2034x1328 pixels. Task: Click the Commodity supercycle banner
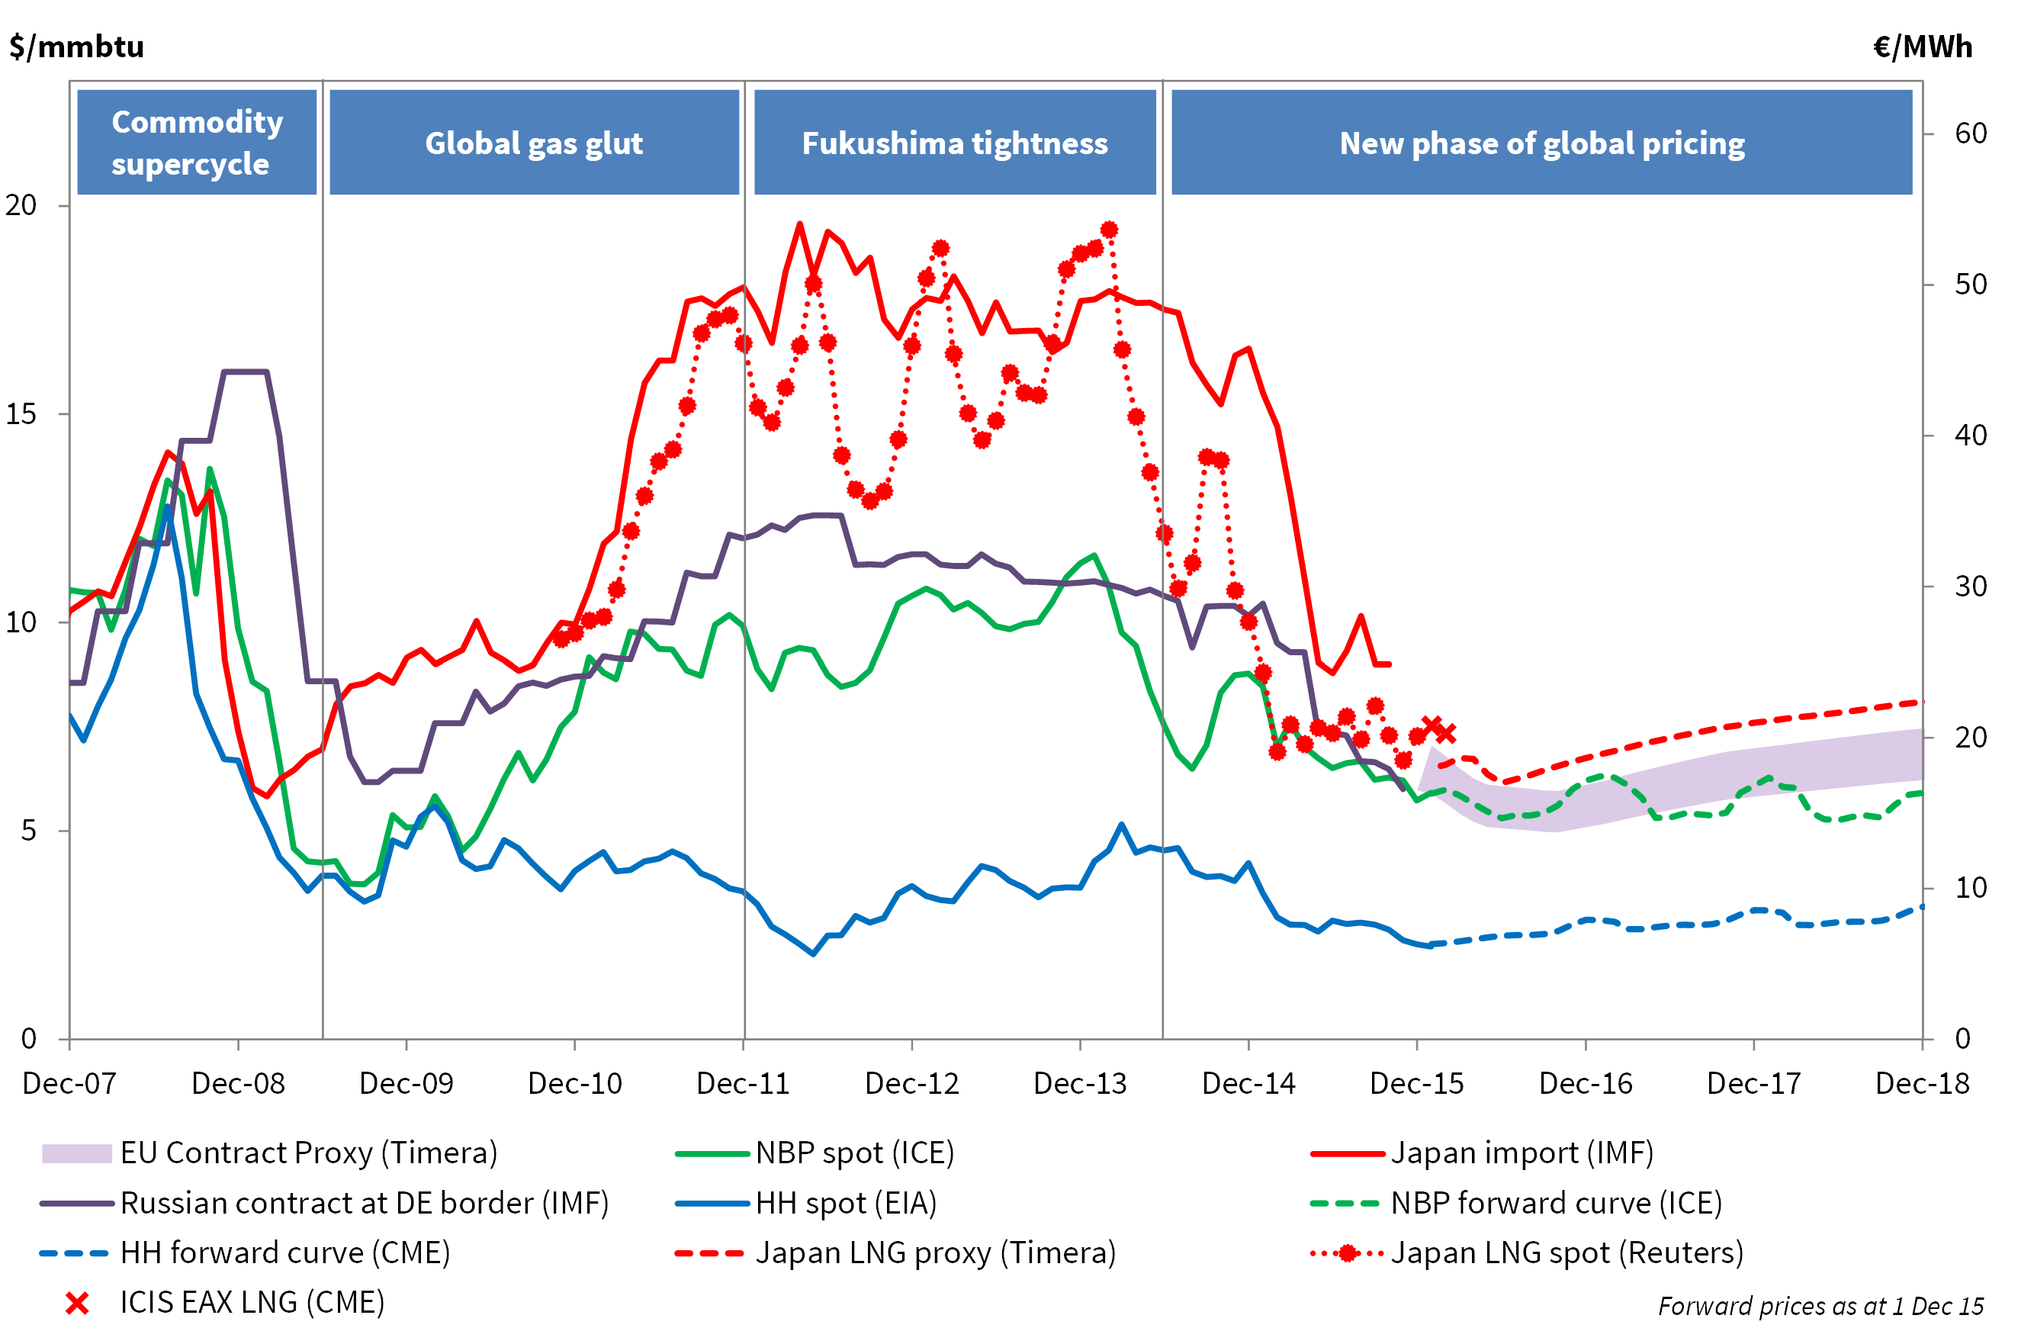point(197,143)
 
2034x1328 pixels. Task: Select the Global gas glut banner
point(534,143)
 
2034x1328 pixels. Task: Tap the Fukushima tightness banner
point(955,143)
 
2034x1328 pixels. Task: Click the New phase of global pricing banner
point(1542,143)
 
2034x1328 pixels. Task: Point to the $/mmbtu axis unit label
point(77,46)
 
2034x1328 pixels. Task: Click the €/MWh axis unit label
point(1923,46)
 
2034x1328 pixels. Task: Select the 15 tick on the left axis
point(21,413)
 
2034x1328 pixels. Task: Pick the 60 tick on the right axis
point(1971,133)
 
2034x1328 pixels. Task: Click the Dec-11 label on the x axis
point(743,1084)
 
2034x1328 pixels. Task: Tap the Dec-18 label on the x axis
point(1922,1084)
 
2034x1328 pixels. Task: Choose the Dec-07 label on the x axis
point(69,1084)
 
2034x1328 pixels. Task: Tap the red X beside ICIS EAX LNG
point(77,1304)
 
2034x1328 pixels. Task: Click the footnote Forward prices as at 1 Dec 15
point(1820,1306)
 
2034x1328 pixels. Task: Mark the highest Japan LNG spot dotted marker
point(1110,230)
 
